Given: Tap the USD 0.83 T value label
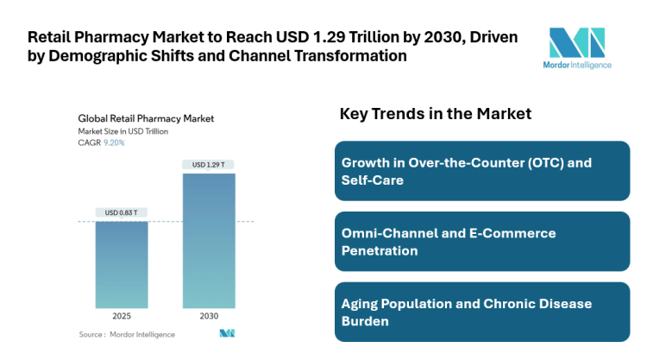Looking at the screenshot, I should coord(122,212).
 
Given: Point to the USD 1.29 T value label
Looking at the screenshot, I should coord(208,164).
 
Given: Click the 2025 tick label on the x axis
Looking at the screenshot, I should coord(122,315).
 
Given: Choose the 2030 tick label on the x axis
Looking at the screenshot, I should coord(208,315).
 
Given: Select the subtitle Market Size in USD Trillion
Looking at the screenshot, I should coord(122,131).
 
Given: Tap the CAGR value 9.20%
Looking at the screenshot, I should coord(114,142).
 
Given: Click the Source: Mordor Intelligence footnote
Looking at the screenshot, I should coord(127,334).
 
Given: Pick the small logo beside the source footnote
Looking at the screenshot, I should coord(227,333).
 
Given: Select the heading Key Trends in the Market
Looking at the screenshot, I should coord(436,114).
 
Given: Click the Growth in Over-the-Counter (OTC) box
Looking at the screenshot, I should coord(481,171).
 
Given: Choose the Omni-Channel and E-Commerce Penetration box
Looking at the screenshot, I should coord(481,242).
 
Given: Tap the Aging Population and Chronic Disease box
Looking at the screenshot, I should coord(481,312).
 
